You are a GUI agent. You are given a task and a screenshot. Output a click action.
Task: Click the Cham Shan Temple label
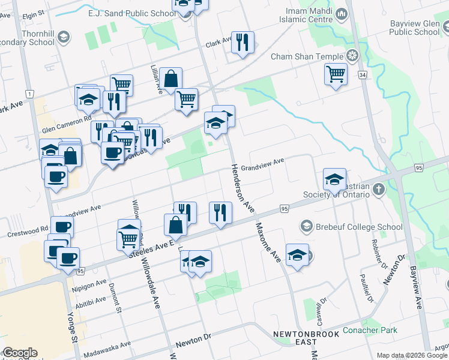tap(307, 57)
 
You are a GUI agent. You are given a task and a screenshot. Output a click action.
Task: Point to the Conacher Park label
tap(370, 330)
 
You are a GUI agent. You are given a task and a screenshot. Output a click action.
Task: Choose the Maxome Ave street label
tap(268, 242)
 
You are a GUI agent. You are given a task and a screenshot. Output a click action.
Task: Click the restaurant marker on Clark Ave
tap(243, 42)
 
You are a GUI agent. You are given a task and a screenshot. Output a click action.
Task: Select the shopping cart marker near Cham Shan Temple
tap(336, 74)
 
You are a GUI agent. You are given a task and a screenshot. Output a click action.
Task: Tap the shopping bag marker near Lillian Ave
tap(170, 79)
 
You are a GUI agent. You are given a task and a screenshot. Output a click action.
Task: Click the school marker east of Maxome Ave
tap(297, 255)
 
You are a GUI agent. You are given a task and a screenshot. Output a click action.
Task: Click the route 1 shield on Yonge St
tap(29, 94)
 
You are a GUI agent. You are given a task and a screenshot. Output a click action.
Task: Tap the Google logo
tap(20, 353)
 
